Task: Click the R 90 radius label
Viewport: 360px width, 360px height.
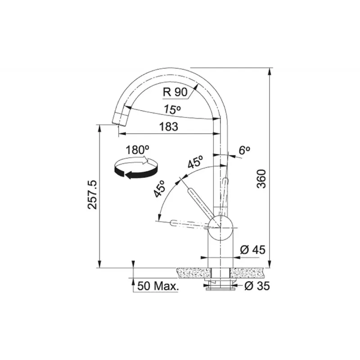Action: [x=175, y=92]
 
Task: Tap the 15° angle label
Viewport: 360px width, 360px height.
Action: [x=172, y=109]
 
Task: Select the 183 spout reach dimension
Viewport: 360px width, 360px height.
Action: [x=169, y=127]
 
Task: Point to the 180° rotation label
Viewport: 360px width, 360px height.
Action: [x=137, y=150]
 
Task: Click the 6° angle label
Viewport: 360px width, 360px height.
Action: [x=244, y=150]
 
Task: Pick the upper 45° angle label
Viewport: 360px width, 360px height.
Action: [x=195, y=162]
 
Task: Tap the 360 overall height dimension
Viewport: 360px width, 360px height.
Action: [x=261, y=179]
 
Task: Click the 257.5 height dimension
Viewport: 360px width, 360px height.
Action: [x=93, y=194]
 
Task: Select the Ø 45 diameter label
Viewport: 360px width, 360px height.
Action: [x=252, y=250]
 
